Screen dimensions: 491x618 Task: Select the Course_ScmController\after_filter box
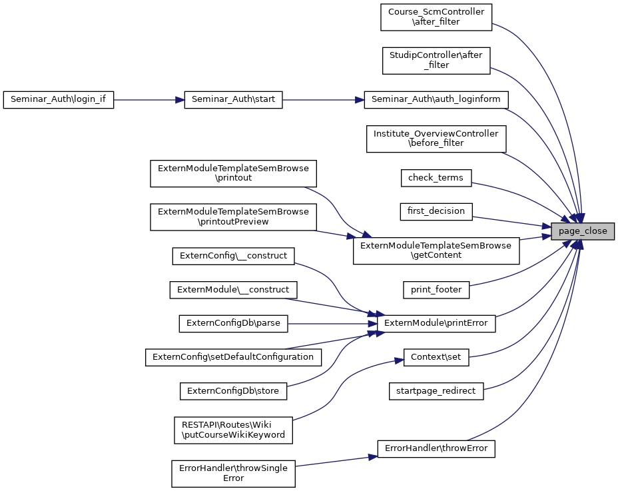[436, 17]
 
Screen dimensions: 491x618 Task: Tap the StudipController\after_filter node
[436, 60]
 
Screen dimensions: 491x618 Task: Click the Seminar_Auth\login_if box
[59, 100]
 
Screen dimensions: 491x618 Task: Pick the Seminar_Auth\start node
[233, 100]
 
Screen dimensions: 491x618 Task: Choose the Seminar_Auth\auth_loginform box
[436, 100]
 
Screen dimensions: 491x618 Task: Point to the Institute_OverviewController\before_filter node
[436, 138]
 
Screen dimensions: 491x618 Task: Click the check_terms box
[436, 177]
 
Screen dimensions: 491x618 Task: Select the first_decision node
[436, 212]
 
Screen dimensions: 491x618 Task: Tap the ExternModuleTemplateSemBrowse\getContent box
[436, 250]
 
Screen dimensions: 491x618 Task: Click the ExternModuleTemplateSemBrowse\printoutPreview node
[233, 217]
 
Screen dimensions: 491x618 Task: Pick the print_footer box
[436, 290]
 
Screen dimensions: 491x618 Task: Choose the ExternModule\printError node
[436, 324]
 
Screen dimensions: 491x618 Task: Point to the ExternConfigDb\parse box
[233, 324]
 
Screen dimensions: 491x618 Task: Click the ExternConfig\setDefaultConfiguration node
[233, 357]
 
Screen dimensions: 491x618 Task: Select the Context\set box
[436, 357]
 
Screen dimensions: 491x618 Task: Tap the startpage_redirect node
[436, 391]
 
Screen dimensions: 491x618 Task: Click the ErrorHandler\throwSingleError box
[233, 473]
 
